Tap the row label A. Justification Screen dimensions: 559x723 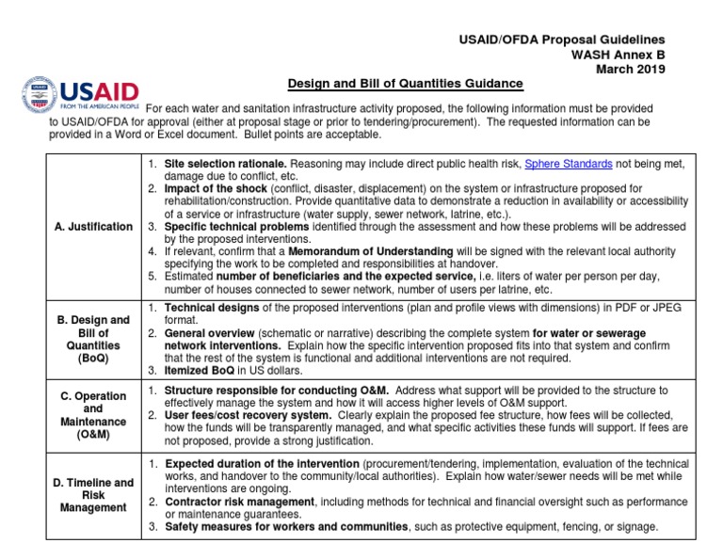tap(92, 227)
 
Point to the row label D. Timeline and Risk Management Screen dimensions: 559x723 tap(92, 495)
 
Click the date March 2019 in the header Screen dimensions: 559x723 tap(631, 69)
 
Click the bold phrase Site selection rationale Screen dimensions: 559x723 tap(225, 164)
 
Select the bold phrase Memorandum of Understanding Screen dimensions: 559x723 tap(370, 251)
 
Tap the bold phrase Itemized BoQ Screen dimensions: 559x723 tap(201, 370)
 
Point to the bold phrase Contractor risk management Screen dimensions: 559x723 tap(240, 502)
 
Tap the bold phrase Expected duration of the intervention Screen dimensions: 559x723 tap(262, 464)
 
